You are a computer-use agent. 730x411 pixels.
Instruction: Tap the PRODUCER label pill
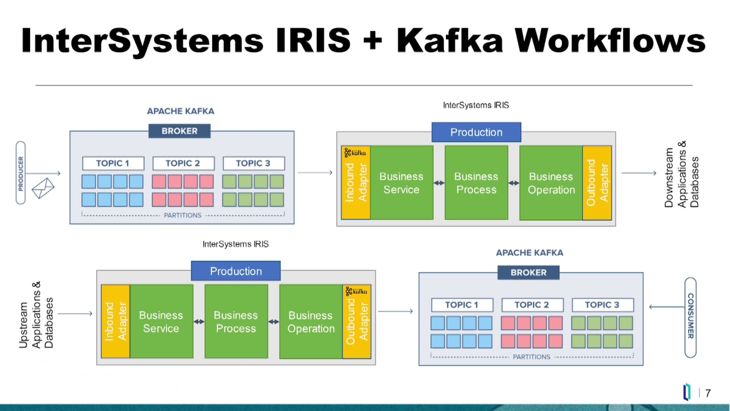(21, 173)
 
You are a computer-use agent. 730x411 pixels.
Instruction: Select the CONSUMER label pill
(690, 316)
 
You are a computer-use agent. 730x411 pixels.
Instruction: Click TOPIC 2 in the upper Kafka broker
(183, 163)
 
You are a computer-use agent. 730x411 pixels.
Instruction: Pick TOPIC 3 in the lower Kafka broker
(602, 305)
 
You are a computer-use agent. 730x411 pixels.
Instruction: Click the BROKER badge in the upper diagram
(179, 131)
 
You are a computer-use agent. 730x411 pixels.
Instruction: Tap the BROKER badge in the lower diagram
(529, 272)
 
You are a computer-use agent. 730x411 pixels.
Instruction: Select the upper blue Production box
(476, 132)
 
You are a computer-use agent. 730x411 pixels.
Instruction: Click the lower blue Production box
(235, 271)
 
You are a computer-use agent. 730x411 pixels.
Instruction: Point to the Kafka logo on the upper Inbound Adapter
(355, 152)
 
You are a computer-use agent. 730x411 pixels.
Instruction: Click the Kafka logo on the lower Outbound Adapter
(357, 290)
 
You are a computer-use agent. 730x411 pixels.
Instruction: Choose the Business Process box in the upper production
(476, 183)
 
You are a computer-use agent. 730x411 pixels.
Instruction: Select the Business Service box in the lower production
(161, 322)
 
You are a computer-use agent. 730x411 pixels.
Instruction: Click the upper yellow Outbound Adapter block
(598, 182)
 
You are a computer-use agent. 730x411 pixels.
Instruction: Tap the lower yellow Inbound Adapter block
(115, 322)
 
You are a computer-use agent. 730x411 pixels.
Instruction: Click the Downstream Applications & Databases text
(681, 174)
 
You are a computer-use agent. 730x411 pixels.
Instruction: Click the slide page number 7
(707, 393)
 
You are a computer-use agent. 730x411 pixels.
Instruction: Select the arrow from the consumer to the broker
(666, 307)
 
